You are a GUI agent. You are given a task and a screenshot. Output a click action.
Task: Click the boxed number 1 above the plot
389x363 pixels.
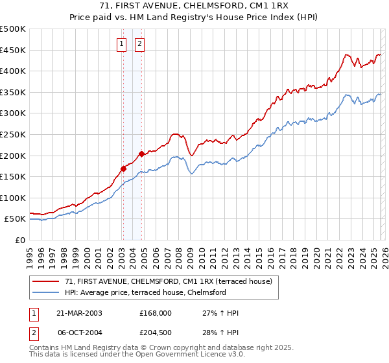tap(122, 44)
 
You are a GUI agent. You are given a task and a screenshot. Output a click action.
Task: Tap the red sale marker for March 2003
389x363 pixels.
tap(123, 169)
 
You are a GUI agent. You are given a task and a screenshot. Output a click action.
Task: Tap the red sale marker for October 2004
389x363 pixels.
tap(141, 154)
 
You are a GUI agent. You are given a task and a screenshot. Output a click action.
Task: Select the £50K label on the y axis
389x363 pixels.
tap(15, 219)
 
